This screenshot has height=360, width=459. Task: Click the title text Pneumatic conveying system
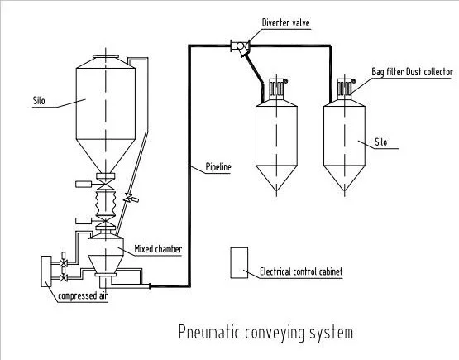click(265, 333)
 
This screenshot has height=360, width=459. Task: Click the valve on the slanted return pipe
click(128, 197)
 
